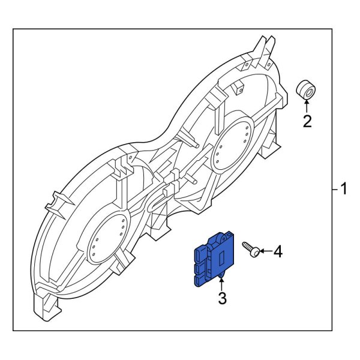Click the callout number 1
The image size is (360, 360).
pos(344,190)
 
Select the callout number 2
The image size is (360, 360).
pos(307,122)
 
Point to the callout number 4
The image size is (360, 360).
pos(277,252)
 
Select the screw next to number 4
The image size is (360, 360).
pos(251,249)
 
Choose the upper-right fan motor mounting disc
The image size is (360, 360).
pos(235,145)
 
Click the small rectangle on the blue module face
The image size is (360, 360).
pos(220,259)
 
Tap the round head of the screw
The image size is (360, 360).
pos(256,252)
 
